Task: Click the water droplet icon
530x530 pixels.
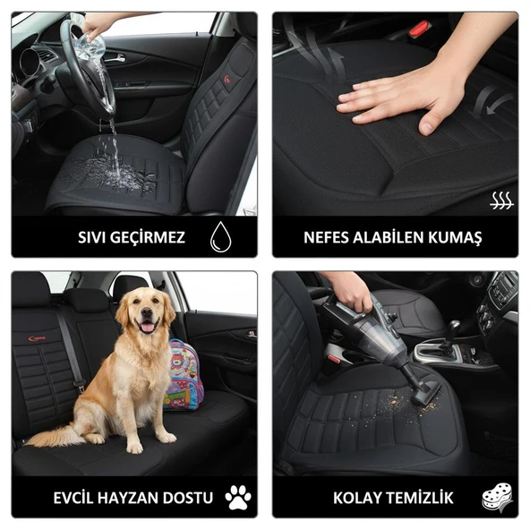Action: pos(220,237)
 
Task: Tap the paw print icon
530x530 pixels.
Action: pos(237,497)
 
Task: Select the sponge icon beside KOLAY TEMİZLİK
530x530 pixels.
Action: pos(497,497)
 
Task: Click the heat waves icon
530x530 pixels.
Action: pos(501,201)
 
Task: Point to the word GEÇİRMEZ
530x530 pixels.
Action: pos(151,238)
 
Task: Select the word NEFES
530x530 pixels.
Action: pos(329,238)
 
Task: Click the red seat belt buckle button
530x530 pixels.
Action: pos(419,29)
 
